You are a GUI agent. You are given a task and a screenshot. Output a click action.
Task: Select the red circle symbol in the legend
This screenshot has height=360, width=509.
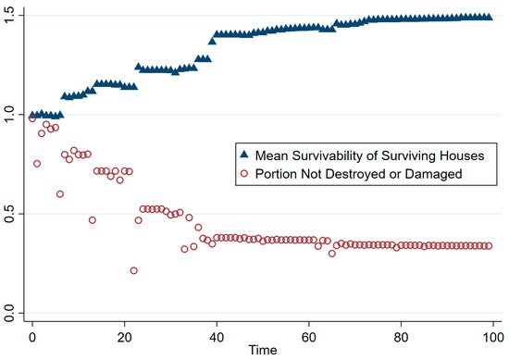[x=244, y=172]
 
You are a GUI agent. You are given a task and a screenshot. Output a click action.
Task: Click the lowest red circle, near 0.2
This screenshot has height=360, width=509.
[x=134, y=270]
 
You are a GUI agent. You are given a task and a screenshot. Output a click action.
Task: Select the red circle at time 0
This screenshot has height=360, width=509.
[x=32, y=118]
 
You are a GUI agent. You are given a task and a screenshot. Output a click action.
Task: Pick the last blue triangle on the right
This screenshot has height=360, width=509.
[x=489, y=17]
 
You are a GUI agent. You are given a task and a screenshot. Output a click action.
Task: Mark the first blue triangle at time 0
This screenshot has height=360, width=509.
[x=32, y=115]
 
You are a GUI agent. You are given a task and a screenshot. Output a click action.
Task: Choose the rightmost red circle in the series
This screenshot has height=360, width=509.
[x=489, y=246]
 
